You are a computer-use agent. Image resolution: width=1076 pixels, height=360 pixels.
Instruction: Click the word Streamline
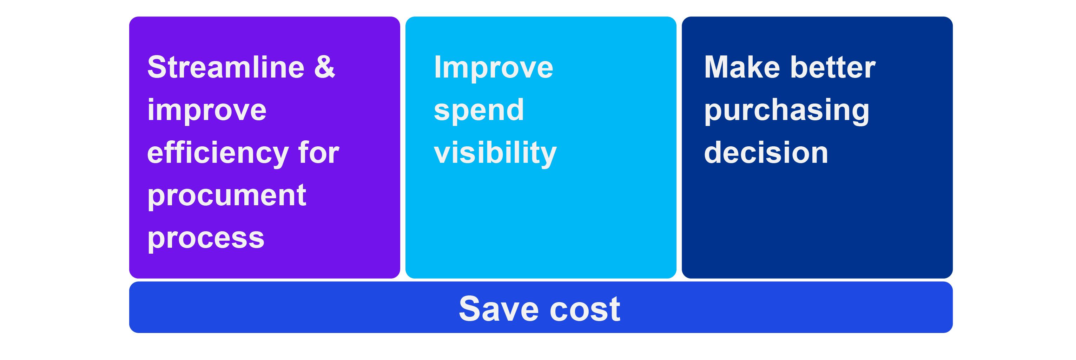226,67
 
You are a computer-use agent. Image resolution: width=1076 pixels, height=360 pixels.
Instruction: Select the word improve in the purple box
207,111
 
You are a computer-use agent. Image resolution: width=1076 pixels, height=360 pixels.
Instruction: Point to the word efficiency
218,154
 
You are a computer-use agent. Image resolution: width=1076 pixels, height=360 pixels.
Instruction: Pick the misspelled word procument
227,196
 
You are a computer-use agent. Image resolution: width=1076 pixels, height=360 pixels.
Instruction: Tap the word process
206,239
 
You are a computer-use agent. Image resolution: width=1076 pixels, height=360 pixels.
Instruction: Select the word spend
479,111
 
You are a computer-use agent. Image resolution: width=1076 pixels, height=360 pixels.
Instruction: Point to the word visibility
495,153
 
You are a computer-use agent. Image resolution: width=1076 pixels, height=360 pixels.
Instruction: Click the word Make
742,67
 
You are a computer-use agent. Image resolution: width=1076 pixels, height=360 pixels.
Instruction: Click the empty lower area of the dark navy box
817,226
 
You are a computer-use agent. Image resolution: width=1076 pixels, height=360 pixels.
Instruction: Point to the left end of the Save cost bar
131,307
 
